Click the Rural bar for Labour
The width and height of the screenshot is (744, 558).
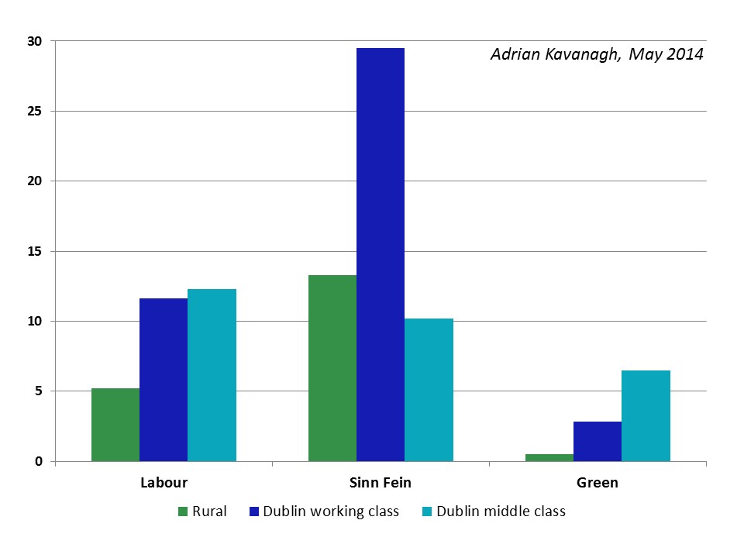tap(115, 425)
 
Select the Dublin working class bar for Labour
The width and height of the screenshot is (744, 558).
tap(164, 380)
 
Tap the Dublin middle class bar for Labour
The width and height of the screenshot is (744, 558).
tap(212, 375)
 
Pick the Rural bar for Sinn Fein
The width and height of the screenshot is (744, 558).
tap(332, 368)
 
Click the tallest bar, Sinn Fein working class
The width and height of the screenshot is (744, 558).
tap(381, 255)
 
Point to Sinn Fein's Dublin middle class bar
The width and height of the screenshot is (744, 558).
tap(429, 390)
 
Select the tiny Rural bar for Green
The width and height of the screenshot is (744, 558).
tap(549, 457)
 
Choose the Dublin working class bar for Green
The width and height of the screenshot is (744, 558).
tap(598, 442)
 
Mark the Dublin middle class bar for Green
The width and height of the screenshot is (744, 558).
tap(646, 416)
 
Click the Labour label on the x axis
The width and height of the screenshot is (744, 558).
tap(164, 483)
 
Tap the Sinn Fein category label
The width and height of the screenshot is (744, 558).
tap(381, 483)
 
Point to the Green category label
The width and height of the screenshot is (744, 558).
tap(598, 483)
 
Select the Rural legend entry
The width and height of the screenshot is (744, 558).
tap(202, 511)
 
